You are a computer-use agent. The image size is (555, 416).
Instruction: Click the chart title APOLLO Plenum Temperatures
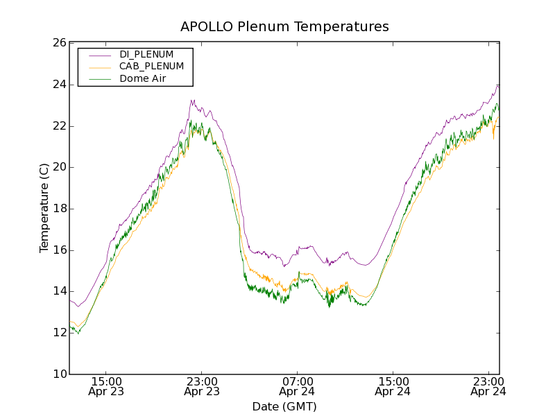tap(284, 27)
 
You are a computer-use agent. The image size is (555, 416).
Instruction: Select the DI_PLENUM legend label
tap(146, 54)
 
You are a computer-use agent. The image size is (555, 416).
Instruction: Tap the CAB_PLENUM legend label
tap(151, 67)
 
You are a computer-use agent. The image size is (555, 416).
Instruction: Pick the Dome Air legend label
tap(142, 78)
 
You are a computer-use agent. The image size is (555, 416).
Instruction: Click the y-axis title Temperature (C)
tap(44, 208)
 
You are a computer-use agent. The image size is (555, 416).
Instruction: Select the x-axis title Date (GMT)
tap(284, 406)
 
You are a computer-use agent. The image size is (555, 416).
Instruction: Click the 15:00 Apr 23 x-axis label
tap(108, 386)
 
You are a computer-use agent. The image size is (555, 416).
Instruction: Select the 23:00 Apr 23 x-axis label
tap(202, 386)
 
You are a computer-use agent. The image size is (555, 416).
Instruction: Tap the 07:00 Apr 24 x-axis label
tap(298, 386)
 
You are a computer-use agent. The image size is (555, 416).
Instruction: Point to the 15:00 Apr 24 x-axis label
tap(393, 386)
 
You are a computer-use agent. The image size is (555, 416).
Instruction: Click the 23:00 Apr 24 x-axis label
tap(488, 386)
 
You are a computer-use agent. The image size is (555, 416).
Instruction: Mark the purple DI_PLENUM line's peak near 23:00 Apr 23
tap(193, 101)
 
